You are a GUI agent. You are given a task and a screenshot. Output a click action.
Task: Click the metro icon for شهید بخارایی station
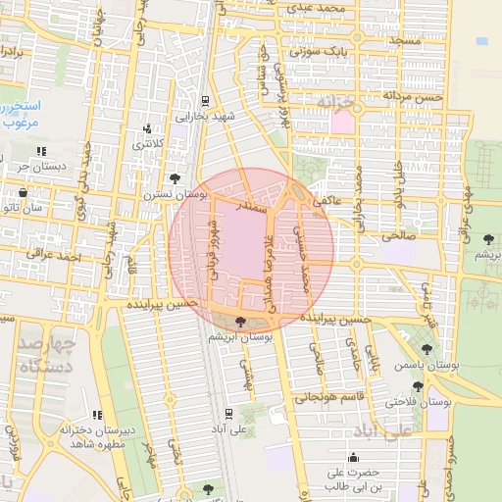point(204,100)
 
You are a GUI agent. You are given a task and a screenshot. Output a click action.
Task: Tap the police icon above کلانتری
point(147,128)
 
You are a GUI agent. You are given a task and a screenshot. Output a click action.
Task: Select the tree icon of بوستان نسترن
point(175,178)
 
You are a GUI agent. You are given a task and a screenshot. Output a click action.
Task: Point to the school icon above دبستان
point(41,151)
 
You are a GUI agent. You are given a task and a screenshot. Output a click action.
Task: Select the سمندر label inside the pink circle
point(254,208)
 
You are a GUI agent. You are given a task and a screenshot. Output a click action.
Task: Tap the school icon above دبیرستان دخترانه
point(96,416)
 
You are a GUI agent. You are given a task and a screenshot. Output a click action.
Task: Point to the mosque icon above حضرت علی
point(353,457)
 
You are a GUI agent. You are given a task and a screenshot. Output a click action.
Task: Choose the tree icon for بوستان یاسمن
point(426,349)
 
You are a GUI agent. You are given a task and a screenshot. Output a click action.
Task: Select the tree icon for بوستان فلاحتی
point(419,386)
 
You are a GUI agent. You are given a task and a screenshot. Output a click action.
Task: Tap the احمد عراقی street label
point(53,256)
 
